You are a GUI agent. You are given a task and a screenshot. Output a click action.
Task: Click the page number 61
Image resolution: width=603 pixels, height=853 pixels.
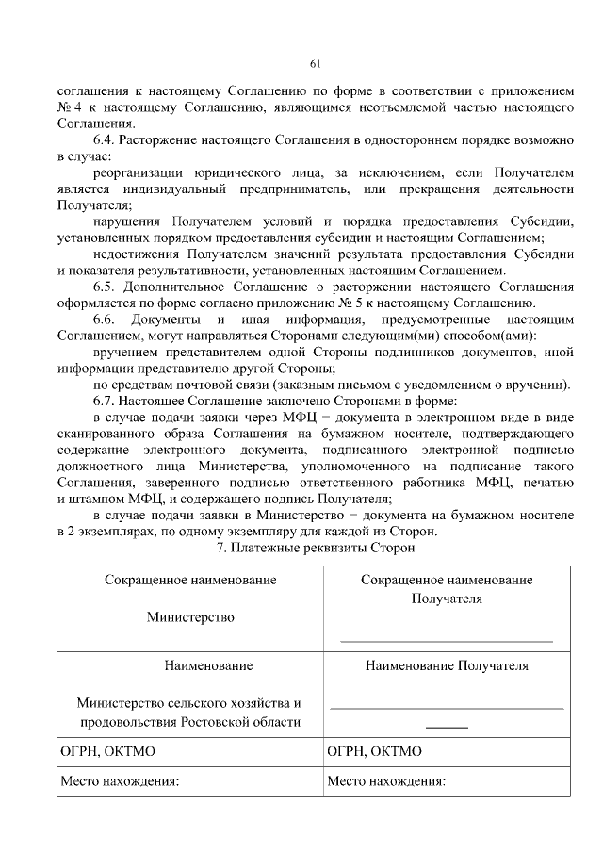coord(316,64)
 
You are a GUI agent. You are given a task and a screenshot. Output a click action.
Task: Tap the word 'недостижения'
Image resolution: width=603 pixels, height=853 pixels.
coord(136,254)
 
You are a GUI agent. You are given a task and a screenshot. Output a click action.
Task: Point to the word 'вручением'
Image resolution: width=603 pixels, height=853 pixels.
coord(125,352)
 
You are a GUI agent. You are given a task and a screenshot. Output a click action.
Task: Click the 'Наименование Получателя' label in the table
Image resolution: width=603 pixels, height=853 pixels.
coord(448,665)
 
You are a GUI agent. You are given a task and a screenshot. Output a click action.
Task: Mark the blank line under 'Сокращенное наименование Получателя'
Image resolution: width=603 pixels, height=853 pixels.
coord(447,641)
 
